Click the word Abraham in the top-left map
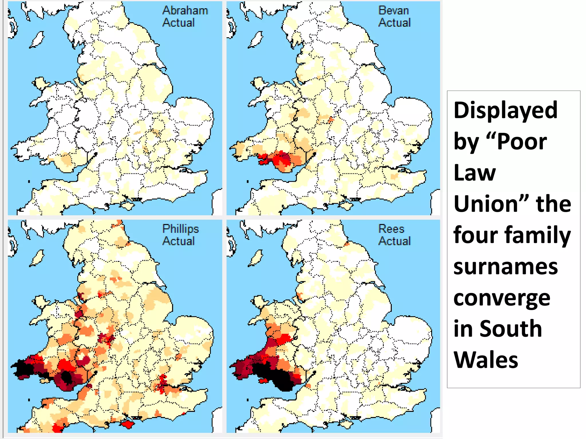coord(185,11)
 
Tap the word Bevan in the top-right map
coord(393,11)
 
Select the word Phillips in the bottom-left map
coord(181,229)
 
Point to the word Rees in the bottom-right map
coord(391,229)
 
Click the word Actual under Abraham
coord(179,23)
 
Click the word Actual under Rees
coord(394,241)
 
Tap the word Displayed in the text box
coord(505,110)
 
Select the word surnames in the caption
coord(506,266)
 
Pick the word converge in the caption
coord(502,298)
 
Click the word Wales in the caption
coord(486,360)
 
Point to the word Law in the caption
coord(475,173)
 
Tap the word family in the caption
coord(538,235)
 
